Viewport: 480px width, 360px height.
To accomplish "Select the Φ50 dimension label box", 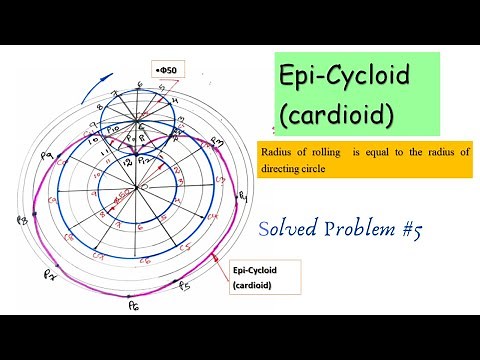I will pos(165,69).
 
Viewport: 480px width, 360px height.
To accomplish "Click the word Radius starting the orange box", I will pos(276,151).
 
